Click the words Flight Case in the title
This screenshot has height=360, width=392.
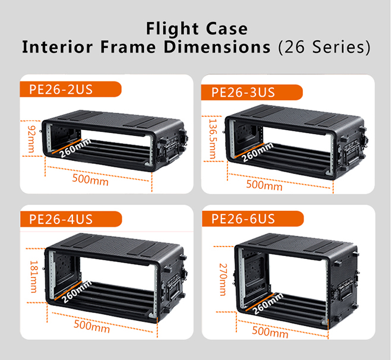click(x=197, y=29)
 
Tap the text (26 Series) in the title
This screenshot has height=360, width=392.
click(x=324, y=47)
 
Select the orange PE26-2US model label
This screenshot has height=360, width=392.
click(x=71, y=89)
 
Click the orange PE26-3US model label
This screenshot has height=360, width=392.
click(x=252, y=92)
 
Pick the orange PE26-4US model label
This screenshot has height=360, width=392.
click(x=71, y=219)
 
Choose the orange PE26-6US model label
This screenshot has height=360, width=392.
click(x=253, y=219)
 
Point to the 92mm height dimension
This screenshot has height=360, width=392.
click(x=31, y=139)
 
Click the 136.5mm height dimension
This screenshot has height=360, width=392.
click(x=213, y=139)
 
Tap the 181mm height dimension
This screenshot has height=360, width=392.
click(x=34, y=276)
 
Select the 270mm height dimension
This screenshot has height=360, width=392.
click(x=223, y=279)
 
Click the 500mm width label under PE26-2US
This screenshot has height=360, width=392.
click(x=90, y=180)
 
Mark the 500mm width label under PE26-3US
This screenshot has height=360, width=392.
click(x=264, y=185)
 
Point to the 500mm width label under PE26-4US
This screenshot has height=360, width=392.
click(x=91, y=326)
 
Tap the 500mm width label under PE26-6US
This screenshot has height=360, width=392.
click(x=270, y=332)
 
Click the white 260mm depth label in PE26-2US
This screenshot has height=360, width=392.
click(x=75, y=149)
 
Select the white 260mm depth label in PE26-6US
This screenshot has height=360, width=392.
click(x=267, y=304)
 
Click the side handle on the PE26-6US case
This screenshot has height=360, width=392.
click(x=346, y=291)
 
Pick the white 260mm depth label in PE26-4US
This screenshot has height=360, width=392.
click(x=77, y=292)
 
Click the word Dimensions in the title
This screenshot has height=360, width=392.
click(x=217, y=47)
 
